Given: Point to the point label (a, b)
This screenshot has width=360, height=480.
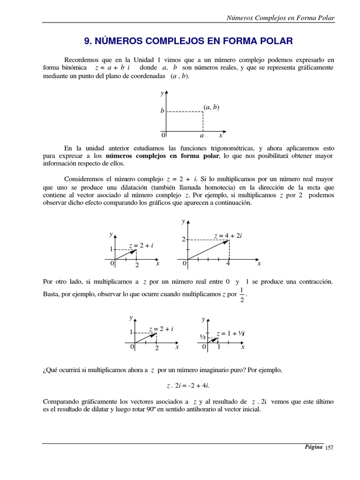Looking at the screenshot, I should tap(211, 107).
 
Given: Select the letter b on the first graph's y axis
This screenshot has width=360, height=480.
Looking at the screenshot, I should tap(162, 111).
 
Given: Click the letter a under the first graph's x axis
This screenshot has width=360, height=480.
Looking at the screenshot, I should tap(202, 135).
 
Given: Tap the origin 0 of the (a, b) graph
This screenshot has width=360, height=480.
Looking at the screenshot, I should tap(164, 135).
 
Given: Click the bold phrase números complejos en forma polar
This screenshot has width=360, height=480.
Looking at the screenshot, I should tap(162, 156).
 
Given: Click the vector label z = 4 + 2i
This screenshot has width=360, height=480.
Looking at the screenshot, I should tap(228, 235).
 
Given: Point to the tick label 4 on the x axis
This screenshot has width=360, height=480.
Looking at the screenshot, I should tap(228, 264).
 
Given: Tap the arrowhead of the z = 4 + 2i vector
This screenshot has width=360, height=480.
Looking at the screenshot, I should tap(227, 241).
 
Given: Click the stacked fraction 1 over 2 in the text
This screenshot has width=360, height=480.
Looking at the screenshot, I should tap(241, 295).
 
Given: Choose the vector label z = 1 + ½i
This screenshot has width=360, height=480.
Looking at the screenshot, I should tap(231, 333).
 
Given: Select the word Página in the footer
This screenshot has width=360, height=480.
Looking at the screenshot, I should tap(314, 447).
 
